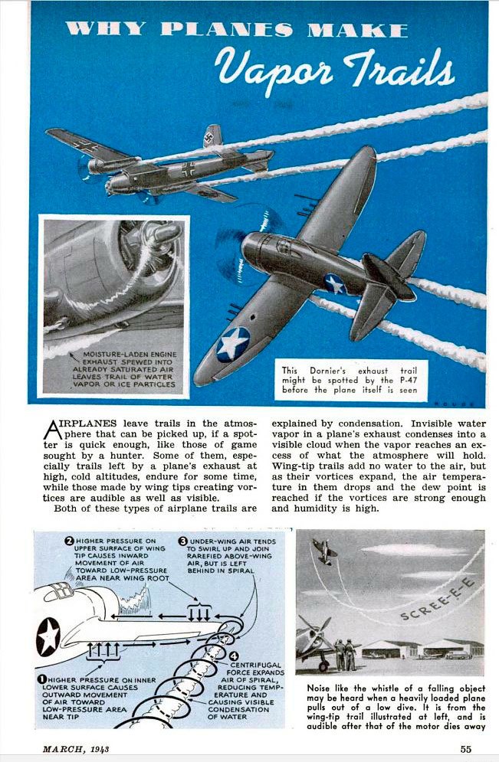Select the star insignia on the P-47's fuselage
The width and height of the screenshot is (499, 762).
334,283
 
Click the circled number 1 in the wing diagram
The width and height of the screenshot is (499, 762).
41,679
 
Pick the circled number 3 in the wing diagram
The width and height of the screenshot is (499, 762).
183,541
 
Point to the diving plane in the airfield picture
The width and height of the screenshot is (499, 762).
325,551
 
